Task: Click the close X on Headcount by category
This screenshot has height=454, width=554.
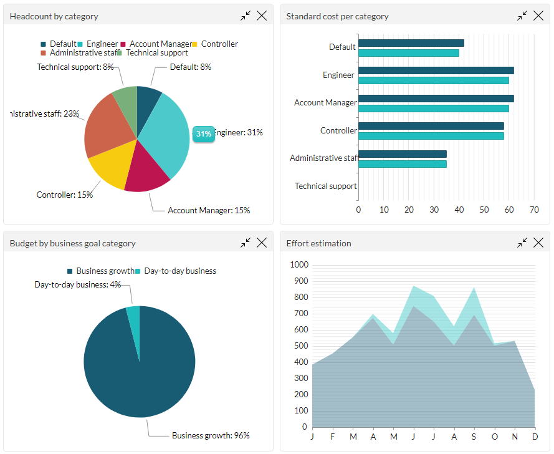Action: [x=262, y=16]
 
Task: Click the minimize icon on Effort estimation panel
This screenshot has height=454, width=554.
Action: [x=522, y=243]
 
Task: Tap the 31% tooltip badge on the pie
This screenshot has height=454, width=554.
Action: [x=203, y=133]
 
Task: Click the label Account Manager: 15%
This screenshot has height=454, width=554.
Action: [x=209, y=211]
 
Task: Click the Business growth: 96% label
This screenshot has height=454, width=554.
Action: [x=211, y=435]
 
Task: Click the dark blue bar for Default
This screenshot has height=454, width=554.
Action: [x=411, y=43]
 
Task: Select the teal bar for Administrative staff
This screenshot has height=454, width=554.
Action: [x=402, y=164]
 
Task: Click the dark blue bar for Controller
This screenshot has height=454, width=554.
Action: [x=431, y=126]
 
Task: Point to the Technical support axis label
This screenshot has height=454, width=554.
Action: [x=325, y=186]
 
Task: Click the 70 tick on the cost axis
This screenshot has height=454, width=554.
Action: [x=534, y=210]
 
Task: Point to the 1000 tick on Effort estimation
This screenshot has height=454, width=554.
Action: [x=299, y=265]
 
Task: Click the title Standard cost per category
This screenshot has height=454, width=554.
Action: [x=337, y=16]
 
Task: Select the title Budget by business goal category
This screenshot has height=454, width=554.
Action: [x=72, y=243]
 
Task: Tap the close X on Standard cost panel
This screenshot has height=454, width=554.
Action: [x=538, y=16]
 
